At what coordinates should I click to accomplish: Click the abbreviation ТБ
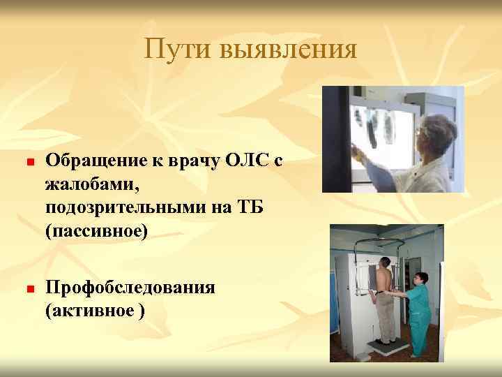click(x=246, y=209)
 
